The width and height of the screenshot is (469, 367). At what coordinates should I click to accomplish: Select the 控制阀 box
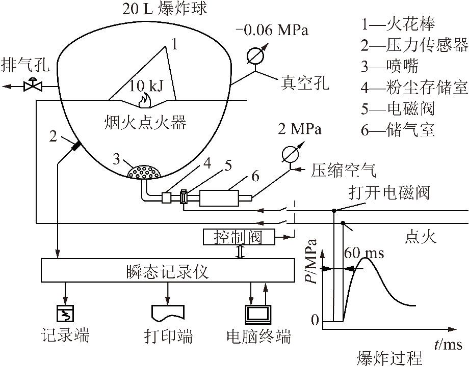pos(239,237)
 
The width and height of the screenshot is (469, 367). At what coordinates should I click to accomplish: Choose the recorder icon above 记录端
pos(65,314)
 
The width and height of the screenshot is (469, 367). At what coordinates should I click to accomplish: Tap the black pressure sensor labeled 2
pos(75,146)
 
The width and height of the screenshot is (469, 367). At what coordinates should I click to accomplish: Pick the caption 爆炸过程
pos(389,358)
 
